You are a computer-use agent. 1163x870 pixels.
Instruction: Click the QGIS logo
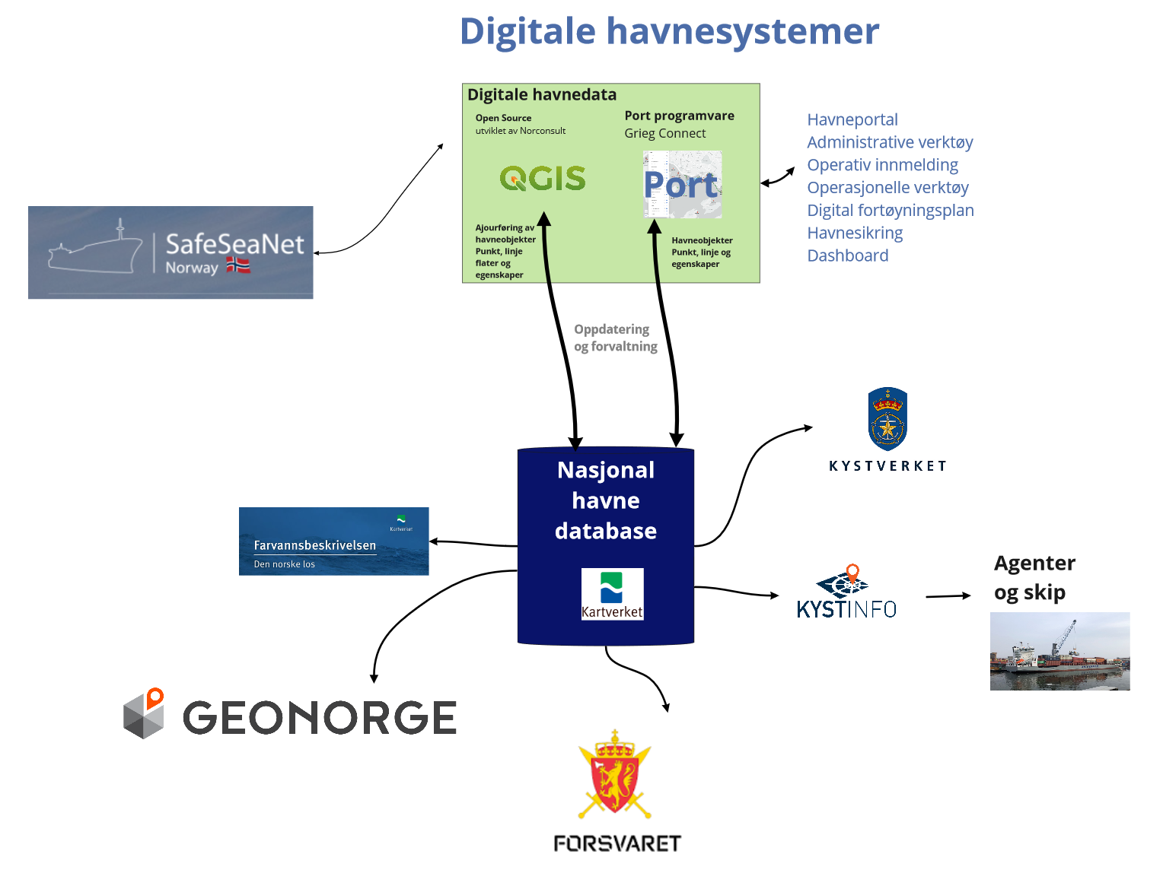(x=543, y=179)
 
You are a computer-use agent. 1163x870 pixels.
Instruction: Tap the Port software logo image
(x=682, y=185)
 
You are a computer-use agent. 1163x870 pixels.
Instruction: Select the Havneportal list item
(x=852, y=120)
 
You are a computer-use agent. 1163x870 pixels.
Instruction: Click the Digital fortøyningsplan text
(x=891, y=211)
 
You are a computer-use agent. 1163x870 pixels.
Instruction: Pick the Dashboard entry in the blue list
(x=848, y=256)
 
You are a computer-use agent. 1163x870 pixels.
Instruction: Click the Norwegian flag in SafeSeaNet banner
(x=238, y=265)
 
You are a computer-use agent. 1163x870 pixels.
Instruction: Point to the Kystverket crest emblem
(x=887, y=419)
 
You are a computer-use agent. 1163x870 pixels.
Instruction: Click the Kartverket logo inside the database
(x=612, y=594)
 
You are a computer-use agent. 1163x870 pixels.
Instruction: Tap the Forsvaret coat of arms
(x=615, y=774)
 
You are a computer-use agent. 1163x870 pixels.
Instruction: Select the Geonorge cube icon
(x=145, y=714)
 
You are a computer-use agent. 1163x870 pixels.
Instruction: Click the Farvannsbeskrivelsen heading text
(x=314, y=545)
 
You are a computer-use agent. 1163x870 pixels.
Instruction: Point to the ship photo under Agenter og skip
(x=1059, y=652)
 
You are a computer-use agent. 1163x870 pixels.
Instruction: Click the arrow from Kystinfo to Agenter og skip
(x=948, y=596)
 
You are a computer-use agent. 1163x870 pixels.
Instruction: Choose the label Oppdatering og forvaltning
(x=615, y=338)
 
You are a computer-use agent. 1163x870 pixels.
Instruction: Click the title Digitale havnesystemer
(x=669, y=32)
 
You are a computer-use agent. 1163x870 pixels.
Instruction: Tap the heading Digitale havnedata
(x=542, y=95)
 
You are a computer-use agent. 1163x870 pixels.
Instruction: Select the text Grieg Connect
(x=664, y=134)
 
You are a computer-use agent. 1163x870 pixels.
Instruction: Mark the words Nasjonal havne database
(x=606, y=500)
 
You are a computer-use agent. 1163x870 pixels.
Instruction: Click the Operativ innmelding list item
(x=882, y=165)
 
